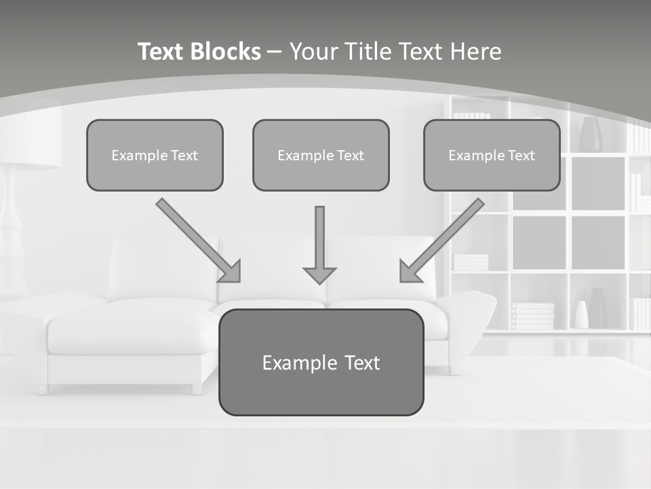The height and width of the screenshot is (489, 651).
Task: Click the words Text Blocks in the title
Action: point(199,52)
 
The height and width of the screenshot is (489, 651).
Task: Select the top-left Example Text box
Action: point(155,156)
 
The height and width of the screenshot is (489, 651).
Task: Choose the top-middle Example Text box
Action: point(321,156)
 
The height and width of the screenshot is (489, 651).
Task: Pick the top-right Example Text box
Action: point(492,156)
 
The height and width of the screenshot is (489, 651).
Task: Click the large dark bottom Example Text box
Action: point(321,363)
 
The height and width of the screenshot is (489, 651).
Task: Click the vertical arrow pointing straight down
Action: point(319,241)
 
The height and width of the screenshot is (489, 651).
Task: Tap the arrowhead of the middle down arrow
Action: point(319,275)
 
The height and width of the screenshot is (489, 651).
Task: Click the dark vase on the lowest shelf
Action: point(597,309)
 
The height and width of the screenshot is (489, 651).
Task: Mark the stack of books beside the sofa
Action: point(532,316)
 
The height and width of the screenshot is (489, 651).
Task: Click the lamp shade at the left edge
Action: point(27,136)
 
